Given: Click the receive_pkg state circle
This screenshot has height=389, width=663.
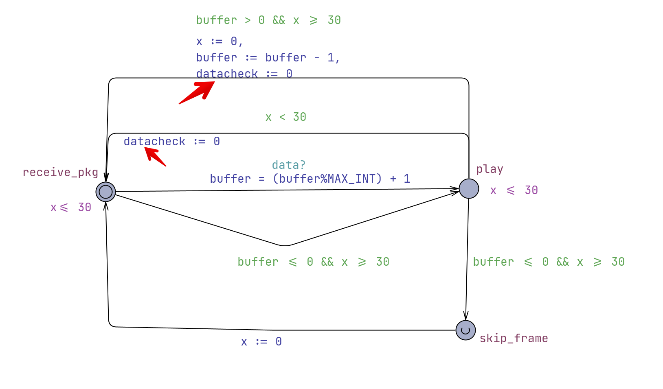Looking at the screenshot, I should click(x=106, y=191).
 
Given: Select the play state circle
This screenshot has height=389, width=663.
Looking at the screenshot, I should click(x=469, y=188).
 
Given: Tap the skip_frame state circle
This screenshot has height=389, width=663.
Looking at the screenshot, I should click(x=465, y=330).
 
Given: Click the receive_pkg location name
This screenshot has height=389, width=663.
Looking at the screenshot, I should click(x=60, y=173).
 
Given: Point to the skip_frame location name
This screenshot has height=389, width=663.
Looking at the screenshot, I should click(x=514, y=339).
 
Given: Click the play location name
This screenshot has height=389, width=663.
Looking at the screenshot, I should click(x=490, y=169).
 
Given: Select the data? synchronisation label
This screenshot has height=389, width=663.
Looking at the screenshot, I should click(x=288, y=165).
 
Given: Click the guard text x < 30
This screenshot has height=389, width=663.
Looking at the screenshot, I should click(x=286, y=117).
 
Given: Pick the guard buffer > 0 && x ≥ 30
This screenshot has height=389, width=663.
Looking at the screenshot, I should click(x=268, y=20).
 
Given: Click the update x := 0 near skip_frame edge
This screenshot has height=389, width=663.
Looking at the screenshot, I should click(x=261, y=342).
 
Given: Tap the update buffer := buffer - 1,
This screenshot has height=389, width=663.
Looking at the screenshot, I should click(x=268, y=58).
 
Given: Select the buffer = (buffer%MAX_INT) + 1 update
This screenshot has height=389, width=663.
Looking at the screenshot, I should click(x=310, y=179).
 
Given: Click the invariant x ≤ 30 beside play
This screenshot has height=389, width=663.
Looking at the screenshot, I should click(x=514, y=190).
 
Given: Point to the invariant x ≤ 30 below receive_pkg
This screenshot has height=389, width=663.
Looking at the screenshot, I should click(x=71, y=208).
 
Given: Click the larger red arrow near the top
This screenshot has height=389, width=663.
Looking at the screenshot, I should click(x=198, y=92).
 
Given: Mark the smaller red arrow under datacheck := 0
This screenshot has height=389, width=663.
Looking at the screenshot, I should click(x=155, y=157).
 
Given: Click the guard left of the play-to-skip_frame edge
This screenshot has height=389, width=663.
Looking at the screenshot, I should click(x=314, y=262).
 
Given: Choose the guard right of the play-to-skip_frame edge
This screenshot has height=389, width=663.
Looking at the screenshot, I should click(x=549, y=262).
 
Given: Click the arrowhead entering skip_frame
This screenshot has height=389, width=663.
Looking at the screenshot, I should click(x=466, y=316).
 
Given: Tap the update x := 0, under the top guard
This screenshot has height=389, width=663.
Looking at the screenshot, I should click(x=220, y=42).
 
